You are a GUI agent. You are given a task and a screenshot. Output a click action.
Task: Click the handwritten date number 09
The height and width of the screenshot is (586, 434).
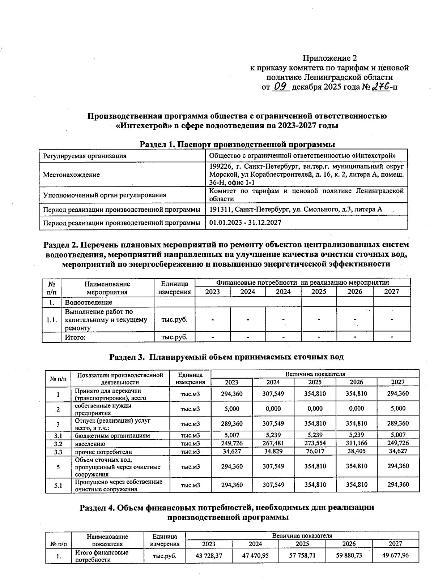(x=280, y=87)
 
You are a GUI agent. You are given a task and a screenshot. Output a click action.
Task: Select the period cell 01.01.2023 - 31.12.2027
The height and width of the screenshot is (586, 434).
(x=245, y=223)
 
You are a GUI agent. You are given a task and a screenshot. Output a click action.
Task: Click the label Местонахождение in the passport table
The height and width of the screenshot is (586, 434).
(x=71, y=175)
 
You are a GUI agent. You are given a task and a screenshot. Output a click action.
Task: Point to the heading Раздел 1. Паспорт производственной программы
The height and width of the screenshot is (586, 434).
(x=237, y=145)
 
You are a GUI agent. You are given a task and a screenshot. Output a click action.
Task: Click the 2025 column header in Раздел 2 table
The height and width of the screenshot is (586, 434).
(x=319, y=292)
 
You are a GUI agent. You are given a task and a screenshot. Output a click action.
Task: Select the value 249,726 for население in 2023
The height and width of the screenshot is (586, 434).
(x=231, y=443)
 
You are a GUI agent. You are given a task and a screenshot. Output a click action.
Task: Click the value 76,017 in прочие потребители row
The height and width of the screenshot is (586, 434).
(x=314, y=451)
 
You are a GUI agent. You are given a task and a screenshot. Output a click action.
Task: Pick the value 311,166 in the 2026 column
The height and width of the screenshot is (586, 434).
(x=356, y=443)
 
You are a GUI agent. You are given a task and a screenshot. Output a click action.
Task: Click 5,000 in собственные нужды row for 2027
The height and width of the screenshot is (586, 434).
(x=398, y=409)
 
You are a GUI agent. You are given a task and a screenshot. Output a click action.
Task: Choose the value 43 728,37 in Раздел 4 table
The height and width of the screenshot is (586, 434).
(x=209, y=555)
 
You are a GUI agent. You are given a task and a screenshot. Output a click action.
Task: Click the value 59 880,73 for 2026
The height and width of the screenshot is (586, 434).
(x=349, y=555)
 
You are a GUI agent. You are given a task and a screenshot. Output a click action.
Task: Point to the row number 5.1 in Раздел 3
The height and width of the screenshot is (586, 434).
(x=58, y=486)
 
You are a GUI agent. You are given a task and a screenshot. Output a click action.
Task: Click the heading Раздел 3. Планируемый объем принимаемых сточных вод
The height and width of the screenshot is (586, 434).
(x=226, y=357)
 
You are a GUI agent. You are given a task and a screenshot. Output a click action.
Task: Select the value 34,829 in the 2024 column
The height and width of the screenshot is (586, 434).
(x=273, y=451)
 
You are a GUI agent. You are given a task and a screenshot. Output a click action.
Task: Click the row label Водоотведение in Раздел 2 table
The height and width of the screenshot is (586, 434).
(x=89, y=302)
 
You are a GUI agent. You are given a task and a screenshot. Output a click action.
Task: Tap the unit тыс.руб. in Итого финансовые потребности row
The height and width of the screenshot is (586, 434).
(x=165, y=556)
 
